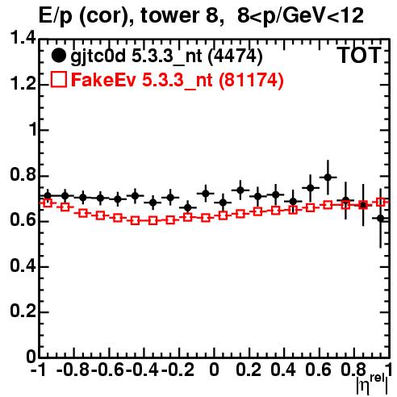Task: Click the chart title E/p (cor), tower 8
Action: click(127, 15)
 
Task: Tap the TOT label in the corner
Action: click(360, 56)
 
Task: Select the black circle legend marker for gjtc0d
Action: click(58, 56)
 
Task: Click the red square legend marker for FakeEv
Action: click(58, 80)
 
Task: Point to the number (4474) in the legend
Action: click(236, 56)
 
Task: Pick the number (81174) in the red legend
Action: click(251, 80)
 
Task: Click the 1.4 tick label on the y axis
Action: click(23, 38)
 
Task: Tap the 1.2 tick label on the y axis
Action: click(23, 84)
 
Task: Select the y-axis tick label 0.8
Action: click(23, 174)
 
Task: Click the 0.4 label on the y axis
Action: click(23, 265)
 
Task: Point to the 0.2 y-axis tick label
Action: click(23, 311)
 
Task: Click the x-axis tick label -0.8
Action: click(73, 370)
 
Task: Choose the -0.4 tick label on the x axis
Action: click(143, 370)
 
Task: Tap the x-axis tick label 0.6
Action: click(318, 370)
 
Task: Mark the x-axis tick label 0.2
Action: click(249, 370)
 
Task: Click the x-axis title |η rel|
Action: click(372, 383)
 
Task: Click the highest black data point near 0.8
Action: click(328, 178)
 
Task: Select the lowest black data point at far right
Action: click(380, 219)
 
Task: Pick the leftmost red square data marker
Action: click(48, 203)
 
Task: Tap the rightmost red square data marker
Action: click(381, 202)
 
